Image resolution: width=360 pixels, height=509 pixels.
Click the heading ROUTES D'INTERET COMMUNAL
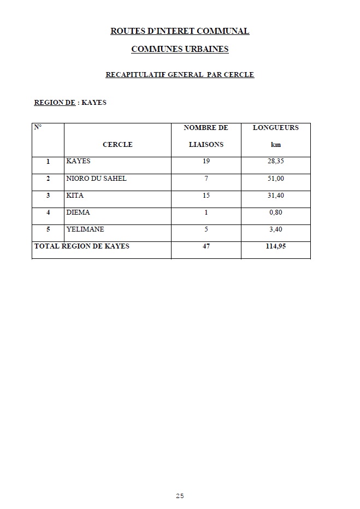[180, 31]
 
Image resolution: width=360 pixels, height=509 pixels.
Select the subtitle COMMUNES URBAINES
[180, 49]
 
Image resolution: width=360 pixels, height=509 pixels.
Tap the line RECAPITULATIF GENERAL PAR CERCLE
[180, 75]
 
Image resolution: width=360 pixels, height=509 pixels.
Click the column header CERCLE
[117, 145]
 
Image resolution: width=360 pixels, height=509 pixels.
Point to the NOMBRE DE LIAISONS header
[206, 136]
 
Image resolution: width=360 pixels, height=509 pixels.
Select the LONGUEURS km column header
[275, 136]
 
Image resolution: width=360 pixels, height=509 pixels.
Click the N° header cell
[38, 127]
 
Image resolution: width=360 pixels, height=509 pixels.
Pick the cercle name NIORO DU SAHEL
[96, 179]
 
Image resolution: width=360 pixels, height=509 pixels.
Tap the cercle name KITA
[75, 196]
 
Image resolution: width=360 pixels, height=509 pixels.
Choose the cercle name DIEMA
[78, 212]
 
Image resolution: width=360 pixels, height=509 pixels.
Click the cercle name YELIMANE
[85, 229]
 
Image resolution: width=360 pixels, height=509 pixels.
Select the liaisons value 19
[206, 162]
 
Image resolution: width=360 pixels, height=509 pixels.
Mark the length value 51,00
[276, 179]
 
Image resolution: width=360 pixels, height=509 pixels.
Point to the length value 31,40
[276, 196]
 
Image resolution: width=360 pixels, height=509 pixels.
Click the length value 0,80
[276, 212]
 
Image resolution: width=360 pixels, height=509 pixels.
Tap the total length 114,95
[276, 246]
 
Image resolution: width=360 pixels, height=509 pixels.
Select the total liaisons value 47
[206, 246]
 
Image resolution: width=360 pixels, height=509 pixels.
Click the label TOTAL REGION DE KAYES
[82, 246]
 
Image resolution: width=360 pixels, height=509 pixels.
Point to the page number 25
[180, 496]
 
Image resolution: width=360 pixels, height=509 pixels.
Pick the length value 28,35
[276, 162]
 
